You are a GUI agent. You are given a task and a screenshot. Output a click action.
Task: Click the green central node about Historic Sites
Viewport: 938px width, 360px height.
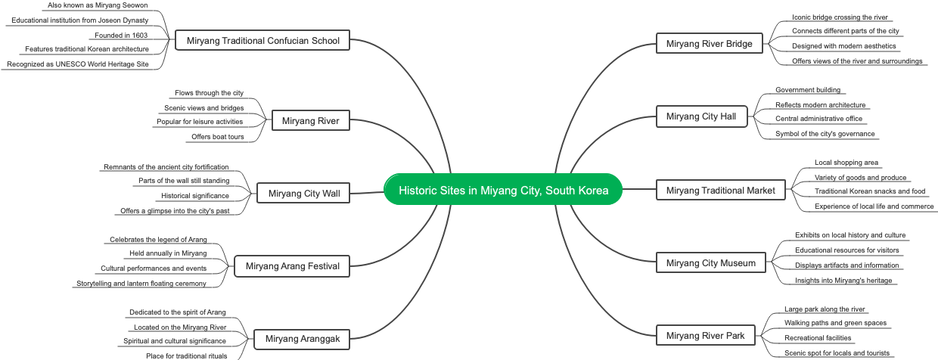pos(503,190)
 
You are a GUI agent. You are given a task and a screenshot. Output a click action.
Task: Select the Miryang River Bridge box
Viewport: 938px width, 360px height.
pos(709,44)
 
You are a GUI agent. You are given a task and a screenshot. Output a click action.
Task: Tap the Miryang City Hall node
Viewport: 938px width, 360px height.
pos(700,116)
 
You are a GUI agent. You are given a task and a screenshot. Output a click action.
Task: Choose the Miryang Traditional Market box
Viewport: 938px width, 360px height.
pos(720,190)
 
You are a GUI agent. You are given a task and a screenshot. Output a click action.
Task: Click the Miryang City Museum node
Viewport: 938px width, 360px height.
pos(710,263)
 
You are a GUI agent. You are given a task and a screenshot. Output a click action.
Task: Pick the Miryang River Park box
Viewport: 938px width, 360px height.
pos(705,335)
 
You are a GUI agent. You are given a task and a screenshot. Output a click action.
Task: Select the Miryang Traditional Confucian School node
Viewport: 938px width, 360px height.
pos(262,40)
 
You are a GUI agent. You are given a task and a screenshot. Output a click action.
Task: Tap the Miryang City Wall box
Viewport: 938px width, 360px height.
pos(304,194)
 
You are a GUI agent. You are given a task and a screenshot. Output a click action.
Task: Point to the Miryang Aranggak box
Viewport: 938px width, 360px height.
pos(303,339)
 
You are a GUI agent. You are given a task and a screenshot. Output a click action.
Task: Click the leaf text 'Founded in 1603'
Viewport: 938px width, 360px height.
pos(121,35)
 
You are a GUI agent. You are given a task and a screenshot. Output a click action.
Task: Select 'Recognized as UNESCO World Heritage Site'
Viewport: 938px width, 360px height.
pos(78,64)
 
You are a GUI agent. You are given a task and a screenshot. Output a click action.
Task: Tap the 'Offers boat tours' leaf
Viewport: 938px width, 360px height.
pos(218,137)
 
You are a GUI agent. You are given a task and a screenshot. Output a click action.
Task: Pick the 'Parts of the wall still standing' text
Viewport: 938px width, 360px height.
pos(184,181)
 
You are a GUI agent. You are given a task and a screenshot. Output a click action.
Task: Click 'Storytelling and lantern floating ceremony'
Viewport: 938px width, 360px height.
pos(141,284)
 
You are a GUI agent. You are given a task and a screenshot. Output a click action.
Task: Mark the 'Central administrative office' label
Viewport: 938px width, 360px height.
pos(818,119)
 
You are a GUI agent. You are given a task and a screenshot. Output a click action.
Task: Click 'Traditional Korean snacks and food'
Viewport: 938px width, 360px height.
pos(869,191)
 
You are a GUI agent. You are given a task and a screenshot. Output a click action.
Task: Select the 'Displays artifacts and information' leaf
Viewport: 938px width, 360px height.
pos(846,265)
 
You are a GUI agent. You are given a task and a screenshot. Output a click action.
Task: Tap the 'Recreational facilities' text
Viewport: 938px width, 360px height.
pos(818,338)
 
